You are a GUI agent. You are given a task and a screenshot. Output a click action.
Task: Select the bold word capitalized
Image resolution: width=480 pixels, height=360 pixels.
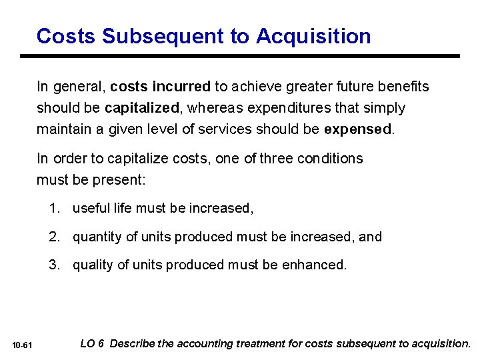point(141,107)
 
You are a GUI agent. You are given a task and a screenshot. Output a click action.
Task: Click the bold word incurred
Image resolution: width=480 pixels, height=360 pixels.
point(181,87)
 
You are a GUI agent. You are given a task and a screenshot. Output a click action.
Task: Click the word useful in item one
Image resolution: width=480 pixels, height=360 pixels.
point(91,209)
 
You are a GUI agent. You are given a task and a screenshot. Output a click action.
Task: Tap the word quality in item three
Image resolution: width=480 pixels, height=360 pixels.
point(93,265)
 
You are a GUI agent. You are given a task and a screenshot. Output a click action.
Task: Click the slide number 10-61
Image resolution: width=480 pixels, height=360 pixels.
point(23,345)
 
